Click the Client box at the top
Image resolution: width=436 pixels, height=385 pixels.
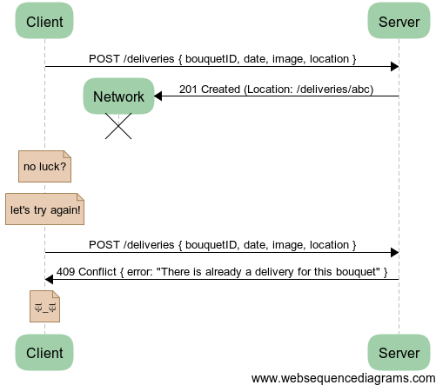pos(44,21)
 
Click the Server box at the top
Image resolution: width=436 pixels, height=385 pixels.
pos(399,21)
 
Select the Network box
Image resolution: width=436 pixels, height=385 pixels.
pos(118,96)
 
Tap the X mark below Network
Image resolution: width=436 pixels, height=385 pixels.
pos(118,126)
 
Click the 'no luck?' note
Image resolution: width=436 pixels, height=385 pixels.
pos(44,166)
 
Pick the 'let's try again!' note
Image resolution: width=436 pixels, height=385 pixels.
pos(44,209)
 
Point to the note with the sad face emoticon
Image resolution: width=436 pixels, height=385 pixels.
pos(44,307)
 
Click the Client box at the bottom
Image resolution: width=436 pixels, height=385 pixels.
pos(44,353)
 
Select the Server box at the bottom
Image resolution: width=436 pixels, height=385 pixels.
pos(399,353)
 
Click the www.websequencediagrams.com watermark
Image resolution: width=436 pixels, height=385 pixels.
pos(344,379)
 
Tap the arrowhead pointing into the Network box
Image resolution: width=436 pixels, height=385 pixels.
pos(158,96)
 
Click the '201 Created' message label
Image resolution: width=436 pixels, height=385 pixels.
pos(276,90)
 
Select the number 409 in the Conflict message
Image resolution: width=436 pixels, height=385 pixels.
pos(65,272)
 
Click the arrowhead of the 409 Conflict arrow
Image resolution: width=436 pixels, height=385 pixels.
pos(49,280)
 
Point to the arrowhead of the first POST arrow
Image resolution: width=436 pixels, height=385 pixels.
pos(395,67)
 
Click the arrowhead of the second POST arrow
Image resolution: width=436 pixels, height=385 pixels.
pos(395,253)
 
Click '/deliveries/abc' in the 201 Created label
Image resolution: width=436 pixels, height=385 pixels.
pos(334,90)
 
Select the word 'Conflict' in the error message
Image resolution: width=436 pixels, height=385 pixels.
pos(97,272)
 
